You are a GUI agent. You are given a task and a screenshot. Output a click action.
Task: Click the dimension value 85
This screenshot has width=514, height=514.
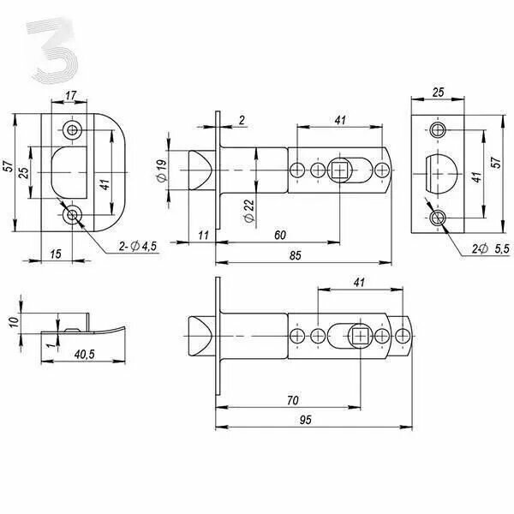(295, 255)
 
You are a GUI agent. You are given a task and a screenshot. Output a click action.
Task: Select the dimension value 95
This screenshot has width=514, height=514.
(305, 420)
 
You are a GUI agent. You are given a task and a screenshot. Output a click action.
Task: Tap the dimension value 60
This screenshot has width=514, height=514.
(280, 235)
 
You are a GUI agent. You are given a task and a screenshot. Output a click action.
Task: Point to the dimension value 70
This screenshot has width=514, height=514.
(293, 400)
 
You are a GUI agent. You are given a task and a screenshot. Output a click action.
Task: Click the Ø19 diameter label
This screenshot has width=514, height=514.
(162, 170)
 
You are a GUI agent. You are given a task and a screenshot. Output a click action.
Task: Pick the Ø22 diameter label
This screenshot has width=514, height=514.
(249, 211)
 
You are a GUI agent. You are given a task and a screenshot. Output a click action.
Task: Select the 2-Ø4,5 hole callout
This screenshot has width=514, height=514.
(138, 246)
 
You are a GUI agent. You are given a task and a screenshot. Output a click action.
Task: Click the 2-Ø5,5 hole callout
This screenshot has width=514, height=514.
(491, 249)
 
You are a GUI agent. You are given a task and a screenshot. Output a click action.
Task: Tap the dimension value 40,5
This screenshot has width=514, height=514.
(85, 354)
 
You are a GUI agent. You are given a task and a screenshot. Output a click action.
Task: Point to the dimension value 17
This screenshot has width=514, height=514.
(70, 95)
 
